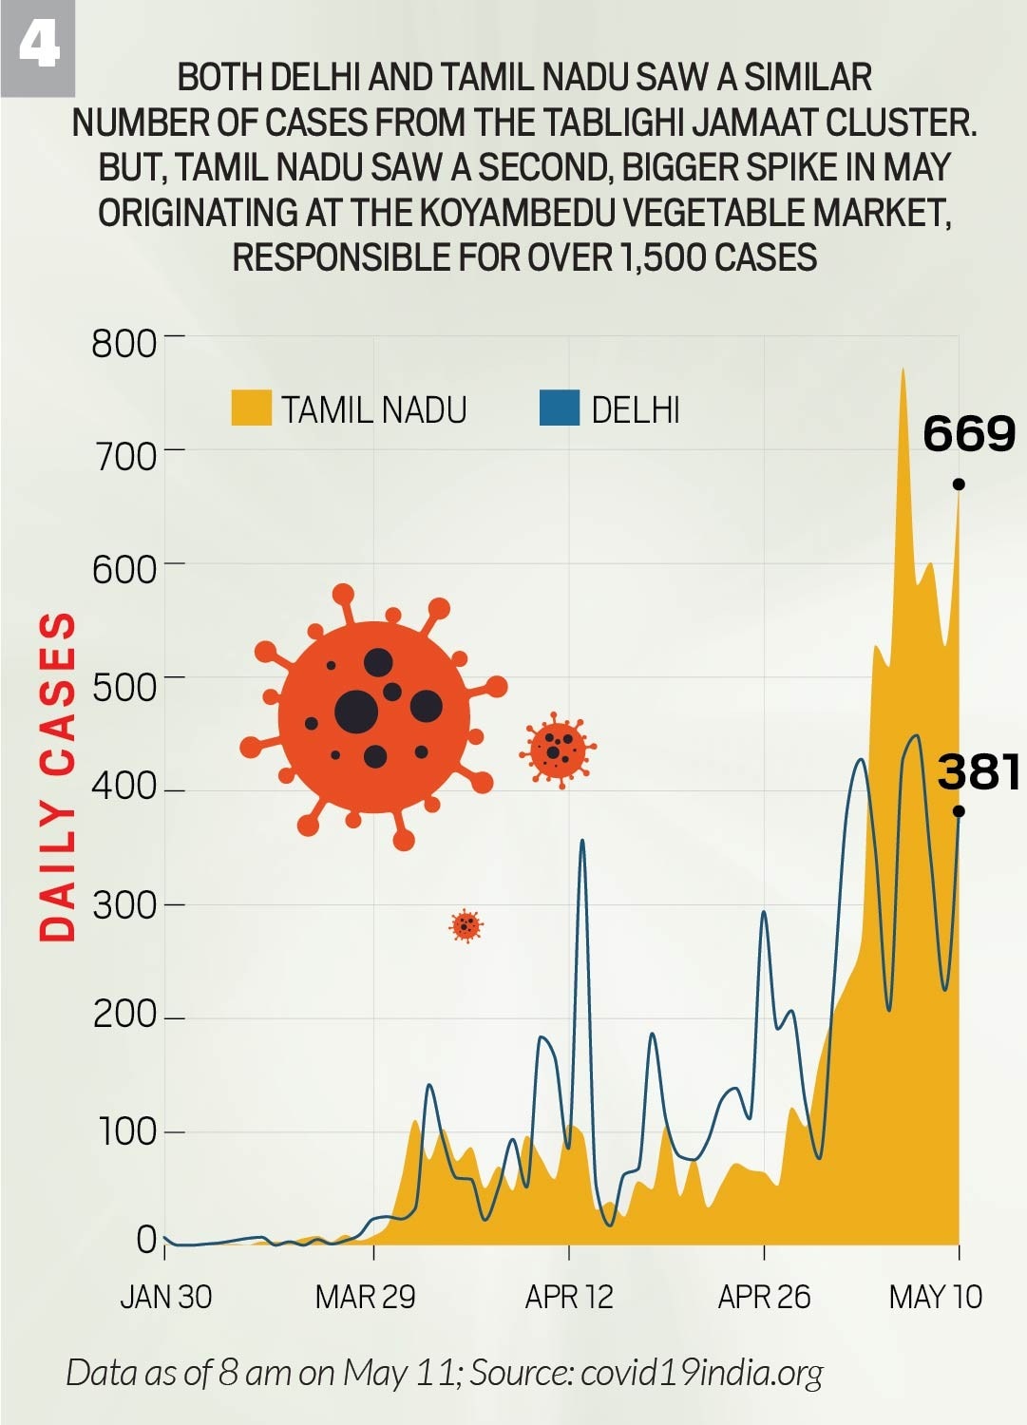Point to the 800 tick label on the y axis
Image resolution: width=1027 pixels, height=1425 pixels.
click(124, 343)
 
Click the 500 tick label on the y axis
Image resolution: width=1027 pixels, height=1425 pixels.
click(124, 686)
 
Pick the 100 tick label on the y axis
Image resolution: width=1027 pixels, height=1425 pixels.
click(125, 1131)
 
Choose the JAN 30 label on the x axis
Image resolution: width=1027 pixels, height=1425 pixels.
click(166, 1297)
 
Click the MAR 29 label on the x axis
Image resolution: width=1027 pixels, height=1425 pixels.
click(366, 1297)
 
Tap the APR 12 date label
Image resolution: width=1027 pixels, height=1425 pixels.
click(569, 1297)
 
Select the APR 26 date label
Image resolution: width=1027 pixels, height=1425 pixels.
click(764, 1297)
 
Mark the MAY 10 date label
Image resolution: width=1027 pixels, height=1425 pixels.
click(936, 1297)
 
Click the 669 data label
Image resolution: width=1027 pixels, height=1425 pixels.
click(969, 434)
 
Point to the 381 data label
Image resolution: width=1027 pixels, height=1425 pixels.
click(979, 771)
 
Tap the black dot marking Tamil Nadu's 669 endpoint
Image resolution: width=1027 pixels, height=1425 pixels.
click(959, 484)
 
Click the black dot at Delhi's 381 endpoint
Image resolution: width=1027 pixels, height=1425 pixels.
click(959, 811)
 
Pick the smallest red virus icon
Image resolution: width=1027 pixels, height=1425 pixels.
click(466, 924)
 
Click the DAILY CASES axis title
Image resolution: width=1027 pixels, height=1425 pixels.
click(57, 776)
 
